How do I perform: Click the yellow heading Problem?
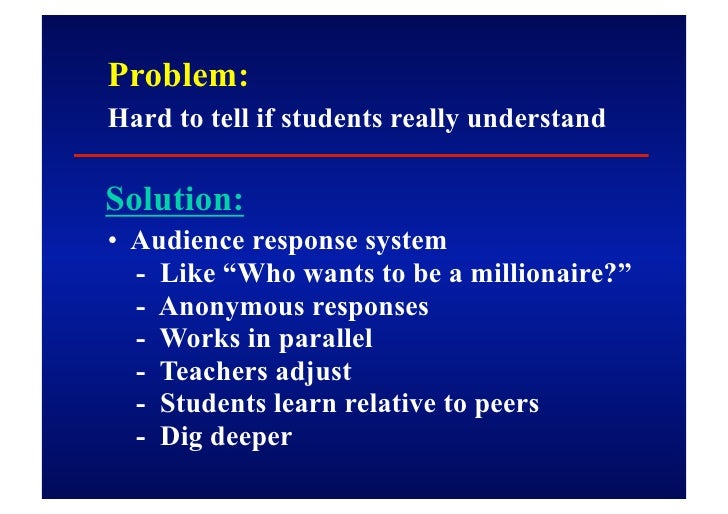177,76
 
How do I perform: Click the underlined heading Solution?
174,200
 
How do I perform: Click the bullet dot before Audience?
115,243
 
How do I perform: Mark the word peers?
505,405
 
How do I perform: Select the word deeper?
251,438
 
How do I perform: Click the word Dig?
181,438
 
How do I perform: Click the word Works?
194,339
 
